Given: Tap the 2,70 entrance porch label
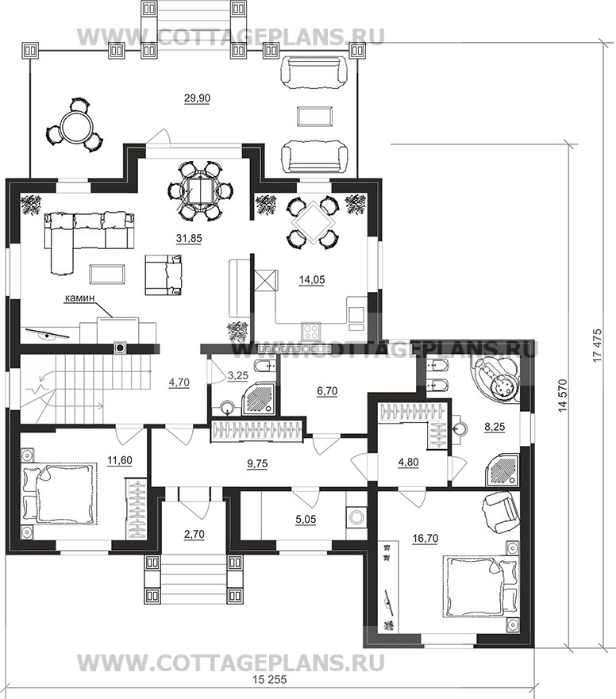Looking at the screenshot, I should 194,533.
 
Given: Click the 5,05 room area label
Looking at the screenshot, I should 284,521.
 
